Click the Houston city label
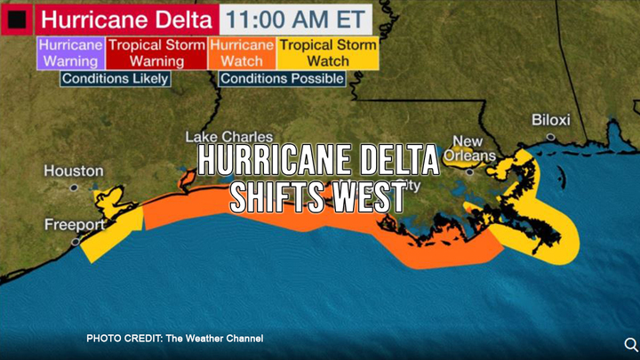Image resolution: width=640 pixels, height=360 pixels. (x=73, y=171)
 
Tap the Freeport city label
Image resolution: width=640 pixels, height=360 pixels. (x=75, y=225)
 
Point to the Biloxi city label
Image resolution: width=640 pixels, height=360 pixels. (x=550, y=120)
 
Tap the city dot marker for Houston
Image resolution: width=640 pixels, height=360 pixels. (x=73, y=188)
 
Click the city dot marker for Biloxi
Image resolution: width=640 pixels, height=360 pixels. (x=550, y=136)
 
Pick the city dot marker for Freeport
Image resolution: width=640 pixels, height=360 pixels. (x=76, y=241)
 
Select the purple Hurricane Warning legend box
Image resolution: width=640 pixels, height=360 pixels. (x=70, y=52)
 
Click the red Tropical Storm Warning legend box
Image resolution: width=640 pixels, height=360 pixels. (x=156, y=52)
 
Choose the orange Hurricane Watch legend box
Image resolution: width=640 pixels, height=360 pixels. (x=241, y=52)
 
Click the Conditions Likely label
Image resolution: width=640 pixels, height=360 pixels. (x=114, y=78)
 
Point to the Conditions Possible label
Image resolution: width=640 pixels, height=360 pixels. (x=282, y=78)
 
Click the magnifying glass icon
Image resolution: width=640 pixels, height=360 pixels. (x=630, y=344)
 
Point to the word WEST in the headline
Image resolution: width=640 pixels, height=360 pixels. (x=367, y=198)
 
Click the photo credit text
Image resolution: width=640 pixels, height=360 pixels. (x=174, y=339)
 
